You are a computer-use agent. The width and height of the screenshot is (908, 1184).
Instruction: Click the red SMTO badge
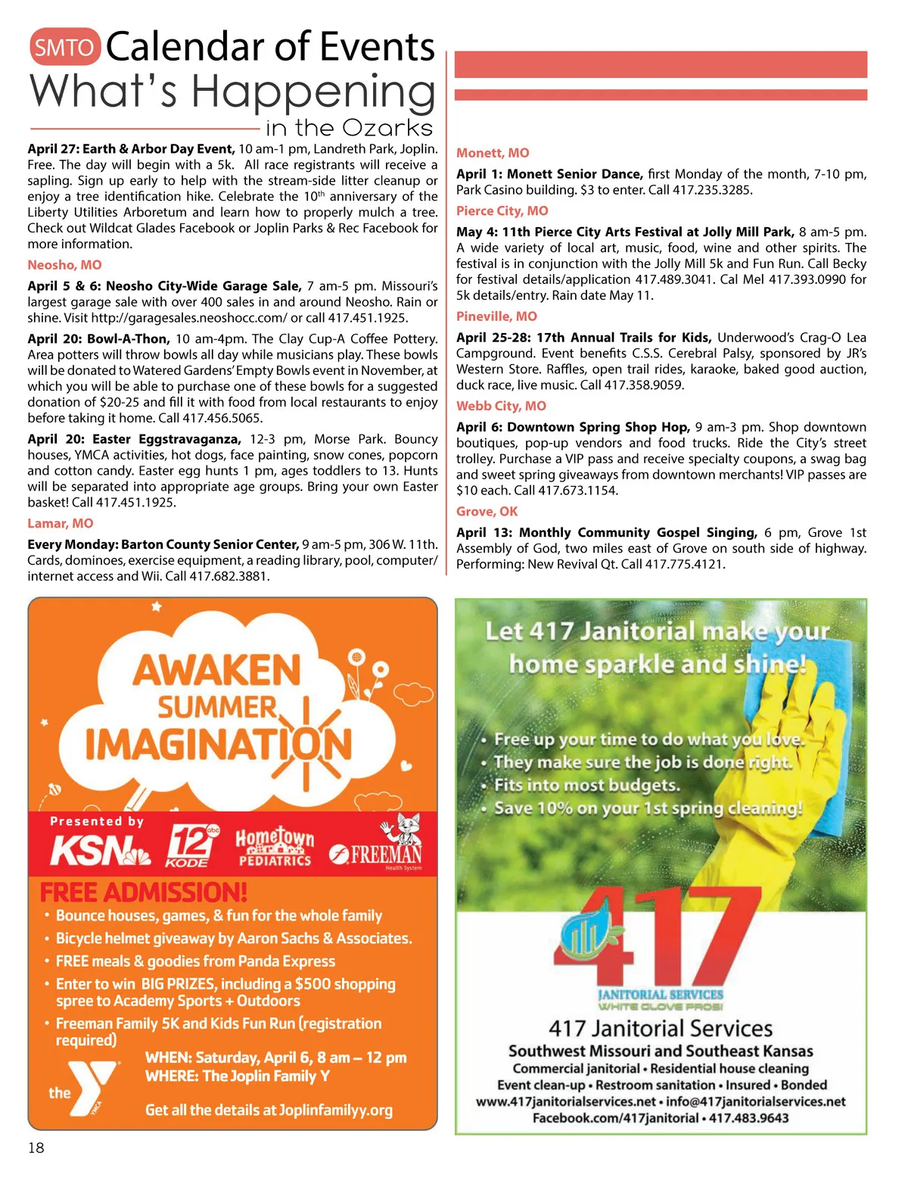point(64,48)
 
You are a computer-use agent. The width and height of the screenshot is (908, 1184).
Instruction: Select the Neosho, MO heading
point(64,265)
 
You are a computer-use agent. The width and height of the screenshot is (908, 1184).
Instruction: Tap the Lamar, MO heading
point(61,523)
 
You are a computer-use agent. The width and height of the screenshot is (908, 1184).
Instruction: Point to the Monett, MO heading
point(493,153)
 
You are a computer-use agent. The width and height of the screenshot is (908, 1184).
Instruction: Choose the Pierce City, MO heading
point(502,211)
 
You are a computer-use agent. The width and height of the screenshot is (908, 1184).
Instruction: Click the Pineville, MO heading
point(496,316)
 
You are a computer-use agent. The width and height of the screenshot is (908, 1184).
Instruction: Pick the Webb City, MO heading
point(501,406)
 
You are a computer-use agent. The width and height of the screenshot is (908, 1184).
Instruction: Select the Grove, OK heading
point(487,512)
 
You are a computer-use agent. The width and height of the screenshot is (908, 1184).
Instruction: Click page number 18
point(36,1148)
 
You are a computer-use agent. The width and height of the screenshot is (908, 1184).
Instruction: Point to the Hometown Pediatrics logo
point(275,846)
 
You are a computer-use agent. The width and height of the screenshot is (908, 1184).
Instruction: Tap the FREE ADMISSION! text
point(144,893)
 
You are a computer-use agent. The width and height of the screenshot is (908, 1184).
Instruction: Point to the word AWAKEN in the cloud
point(217,671)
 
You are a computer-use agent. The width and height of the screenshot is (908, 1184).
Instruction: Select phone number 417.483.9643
point(748,1118)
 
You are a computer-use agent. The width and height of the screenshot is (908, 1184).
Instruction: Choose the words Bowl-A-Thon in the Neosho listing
point(128,339)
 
